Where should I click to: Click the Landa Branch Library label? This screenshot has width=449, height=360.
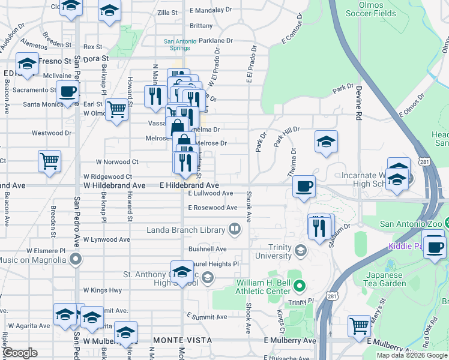tap(186, 230)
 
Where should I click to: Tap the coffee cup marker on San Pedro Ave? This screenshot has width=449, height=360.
tap(68, 92)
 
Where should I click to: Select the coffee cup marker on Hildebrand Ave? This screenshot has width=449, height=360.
tap(304, 185)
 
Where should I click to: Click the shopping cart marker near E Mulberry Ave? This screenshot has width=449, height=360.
tap(359, 326)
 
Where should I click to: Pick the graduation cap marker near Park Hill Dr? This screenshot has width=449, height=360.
tap(325, 142)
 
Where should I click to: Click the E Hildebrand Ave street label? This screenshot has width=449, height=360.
tap(189, 186)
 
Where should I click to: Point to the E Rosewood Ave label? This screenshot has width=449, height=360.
tap(212, 208)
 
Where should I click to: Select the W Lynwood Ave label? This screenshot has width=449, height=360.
tap(107, 239)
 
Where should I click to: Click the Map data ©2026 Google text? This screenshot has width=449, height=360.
tap(411, 355)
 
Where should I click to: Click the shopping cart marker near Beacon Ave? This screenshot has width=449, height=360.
tap(49, 160)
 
